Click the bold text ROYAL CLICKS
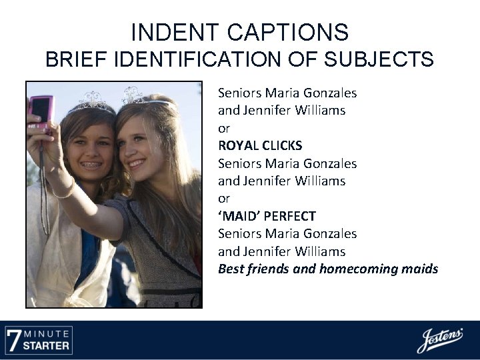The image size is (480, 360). [260, 145]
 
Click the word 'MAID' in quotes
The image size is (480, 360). [237, 216]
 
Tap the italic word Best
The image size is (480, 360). [231, 269]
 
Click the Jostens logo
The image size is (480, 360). [440, 340]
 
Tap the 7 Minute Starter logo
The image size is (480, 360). [38, 339]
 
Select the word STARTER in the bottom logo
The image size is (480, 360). [47, 345]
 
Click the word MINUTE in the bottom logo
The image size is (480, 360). [47, 333]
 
